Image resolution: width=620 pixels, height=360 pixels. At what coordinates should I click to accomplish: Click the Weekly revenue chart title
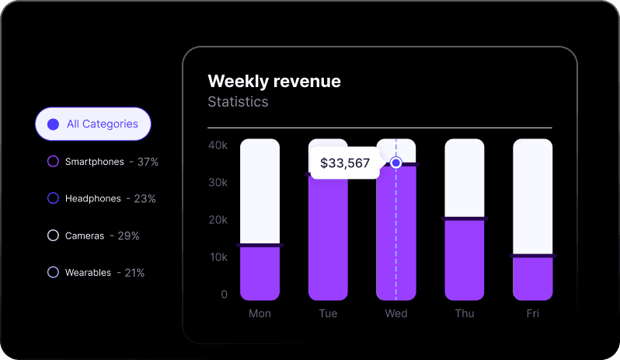coord(274,82)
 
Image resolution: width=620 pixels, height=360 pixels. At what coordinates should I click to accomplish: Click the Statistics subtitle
coord(238,102)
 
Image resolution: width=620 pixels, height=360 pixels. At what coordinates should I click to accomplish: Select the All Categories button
coord(92,124)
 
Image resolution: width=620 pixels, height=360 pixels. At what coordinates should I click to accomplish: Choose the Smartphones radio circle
coord(54,162)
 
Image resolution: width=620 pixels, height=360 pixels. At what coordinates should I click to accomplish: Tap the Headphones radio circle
coord(54,198)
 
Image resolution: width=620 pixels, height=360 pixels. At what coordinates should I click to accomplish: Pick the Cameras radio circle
coord(54,236)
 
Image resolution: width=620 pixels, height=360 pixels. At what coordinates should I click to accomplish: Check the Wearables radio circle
coord(54,272)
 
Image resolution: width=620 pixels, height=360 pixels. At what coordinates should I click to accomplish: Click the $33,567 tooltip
coord(345,163)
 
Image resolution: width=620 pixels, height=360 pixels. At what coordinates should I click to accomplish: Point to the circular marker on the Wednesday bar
coord(396,163)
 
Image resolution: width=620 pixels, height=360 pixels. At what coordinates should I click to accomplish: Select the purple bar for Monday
coord(259,274)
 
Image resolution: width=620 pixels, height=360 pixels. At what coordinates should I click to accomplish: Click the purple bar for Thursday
coord(465,260)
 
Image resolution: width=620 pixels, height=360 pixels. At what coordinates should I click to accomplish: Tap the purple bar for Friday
coord(533,278)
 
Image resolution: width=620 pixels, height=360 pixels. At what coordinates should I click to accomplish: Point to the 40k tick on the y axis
coord(218,145)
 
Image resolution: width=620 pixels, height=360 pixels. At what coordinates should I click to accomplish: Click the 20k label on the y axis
coord(218,220)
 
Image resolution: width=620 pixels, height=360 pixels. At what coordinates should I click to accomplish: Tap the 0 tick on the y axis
coord(224,295)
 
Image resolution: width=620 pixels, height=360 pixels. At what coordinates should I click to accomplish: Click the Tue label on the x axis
coord(328,313)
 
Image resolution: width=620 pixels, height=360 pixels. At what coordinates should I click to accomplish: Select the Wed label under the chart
coord(396,313)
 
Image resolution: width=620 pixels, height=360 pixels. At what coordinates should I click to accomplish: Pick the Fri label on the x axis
coord(532,313)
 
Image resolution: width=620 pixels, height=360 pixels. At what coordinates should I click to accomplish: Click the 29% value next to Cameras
coord(128,236)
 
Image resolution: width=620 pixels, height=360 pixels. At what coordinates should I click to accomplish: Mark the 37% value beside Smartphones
coord(148,162)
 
